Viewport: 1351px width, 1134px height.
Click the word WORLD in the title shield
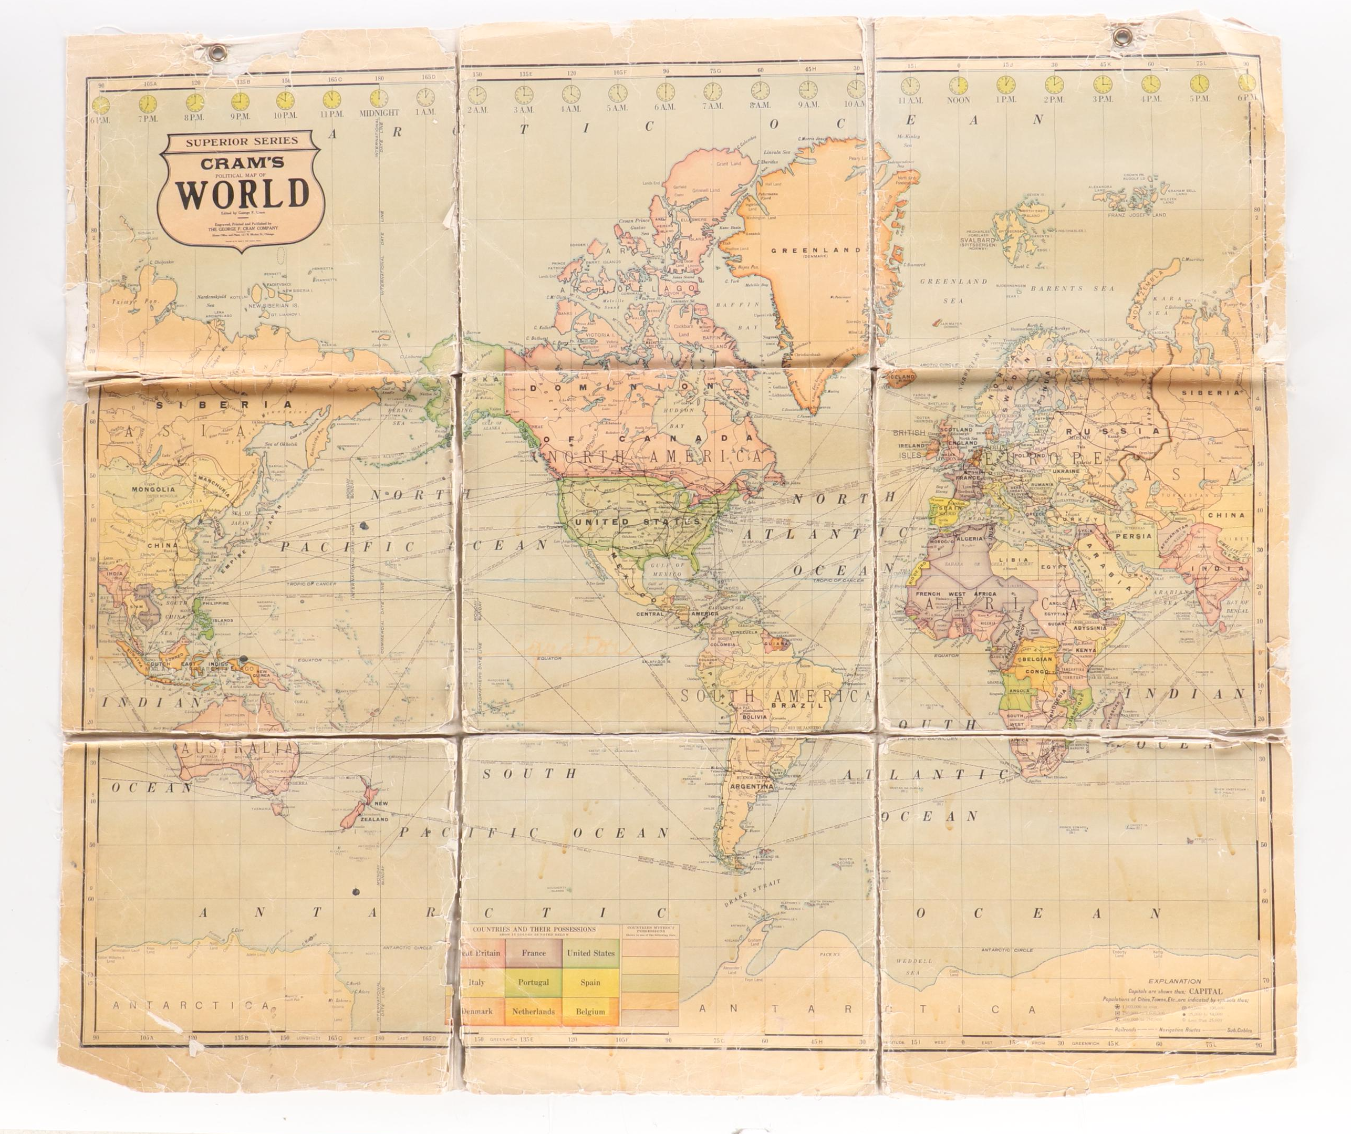point(241,193)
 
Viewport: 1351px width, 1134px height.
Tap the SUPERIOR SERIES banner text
point(241,141)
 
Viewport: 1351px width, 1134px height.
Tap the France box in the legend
point(533,953)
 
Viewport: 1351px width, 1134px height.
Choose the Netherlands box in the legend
point(533,1011)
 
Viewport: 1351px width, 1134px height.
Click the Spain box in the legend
point(590,982)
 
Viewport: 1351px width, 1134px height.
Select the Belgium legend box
point(590,1011)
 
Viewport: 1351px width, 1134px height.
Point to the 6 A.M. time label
point(665,107)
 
